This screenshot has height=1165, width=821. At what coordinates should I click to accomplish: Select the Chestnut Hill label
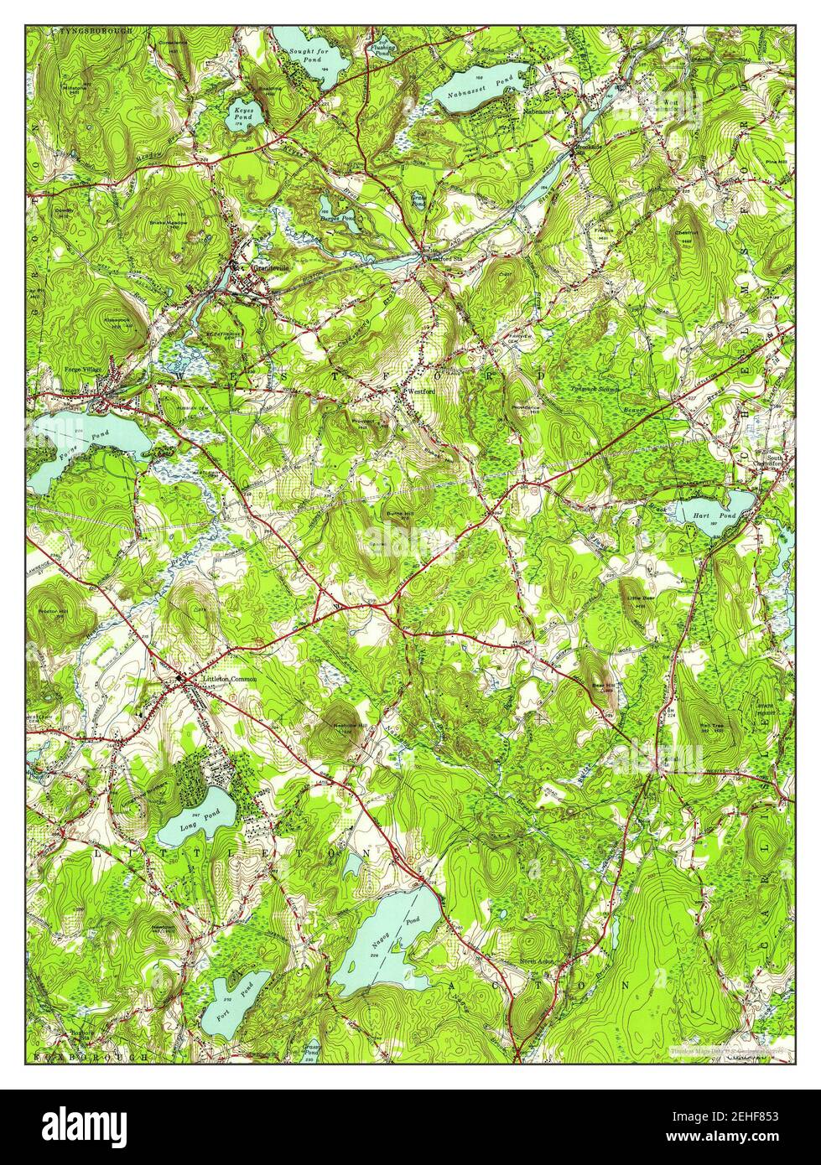(x=688, y=236)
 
